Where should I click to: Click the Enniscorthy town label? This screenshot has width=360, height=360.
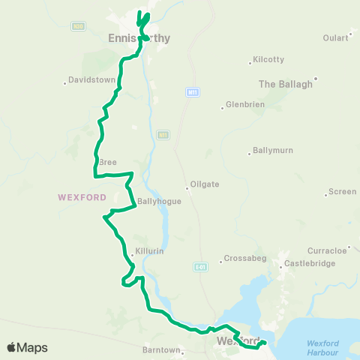[x=139, y=38]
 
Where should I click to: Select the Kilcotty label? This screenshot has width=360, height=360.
[x=268, y=59]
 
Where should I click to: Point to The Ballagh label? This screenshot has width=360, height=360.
[x=285, y=84]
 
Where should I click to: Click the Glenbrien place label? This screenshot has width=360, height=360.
[x=242, y=106]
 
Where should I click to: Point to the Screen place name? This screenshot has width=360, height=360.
[x=342, y=192]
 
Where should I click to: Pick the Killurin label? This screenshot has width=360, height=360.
[x=150, y=252]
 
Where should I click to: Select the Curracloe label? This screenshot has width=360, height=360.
[x=327, y=250]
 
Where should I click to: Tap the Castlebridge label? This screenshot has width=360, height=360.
[x=307, y=265]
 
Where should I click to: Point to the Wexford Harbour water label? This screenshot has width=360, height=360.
[x=323, y=347]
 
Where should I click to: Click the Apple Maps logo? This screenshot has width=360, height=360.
[x=27, y=347]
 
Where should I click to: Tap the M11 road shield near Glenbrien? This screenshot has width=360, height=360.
[x=193, y=91]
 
